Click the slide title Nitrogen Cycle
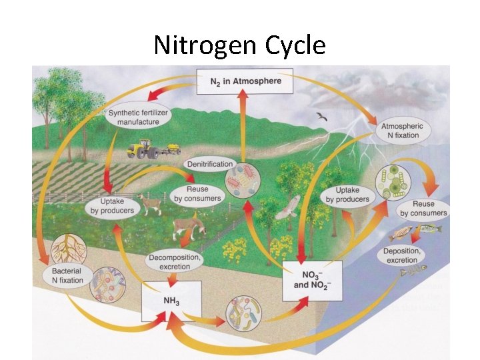239,45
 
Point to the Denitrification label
209,164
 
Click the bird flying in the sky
323,118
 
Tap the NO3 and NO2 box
312,280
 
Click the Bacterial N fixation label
67,275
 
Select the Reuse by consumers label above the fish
423,208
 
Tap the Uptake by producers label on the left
112,206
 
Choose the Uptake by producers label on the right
348,195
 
